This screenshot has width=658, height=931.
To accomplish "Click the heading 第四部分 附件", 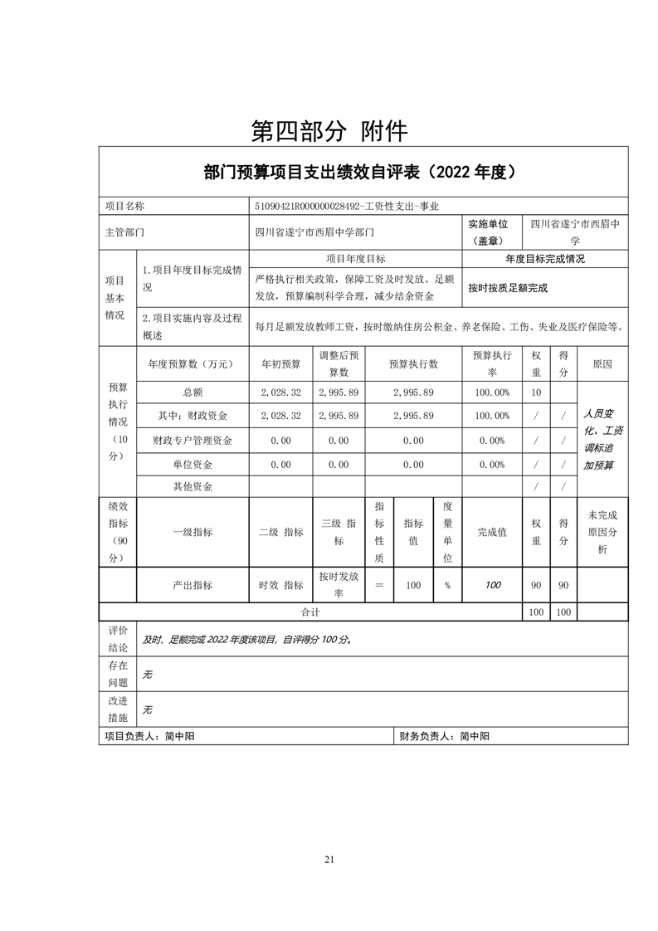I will pos(329,130).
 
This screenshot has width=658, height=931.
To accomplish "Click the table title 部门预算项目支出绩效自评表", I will pos(363,173).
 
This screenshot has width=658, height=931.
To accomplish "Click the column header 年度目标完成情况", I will pos(544,259).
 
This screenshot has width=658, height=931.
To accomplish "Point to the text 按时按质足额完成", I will pos(508,289).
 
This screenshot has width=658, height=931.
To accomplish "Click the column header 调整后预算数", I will pos(338,363).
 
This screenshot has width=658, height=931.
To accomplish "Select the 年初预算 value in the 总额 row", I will pos(280,392).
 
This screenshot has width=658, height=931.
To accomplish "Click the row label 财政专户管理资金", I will pos(193,441).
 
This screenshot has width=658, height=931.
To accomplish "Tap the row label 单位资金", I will pos(193,465).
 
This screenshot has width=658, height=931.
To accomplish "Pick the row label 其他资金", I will pos(193,487).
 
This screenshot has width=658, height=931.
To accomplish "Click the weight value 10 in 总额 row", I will pos(536,392).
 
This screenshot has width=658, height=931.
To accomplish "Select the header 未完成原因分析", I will pos(602,532).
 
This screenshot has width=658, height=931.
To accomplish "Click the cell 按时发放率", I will pos(338,585).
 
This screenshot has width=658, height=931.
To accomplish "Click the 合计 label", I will pos(310,612).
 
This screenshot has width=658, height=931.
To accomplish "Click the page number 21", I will pos(329,860).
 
